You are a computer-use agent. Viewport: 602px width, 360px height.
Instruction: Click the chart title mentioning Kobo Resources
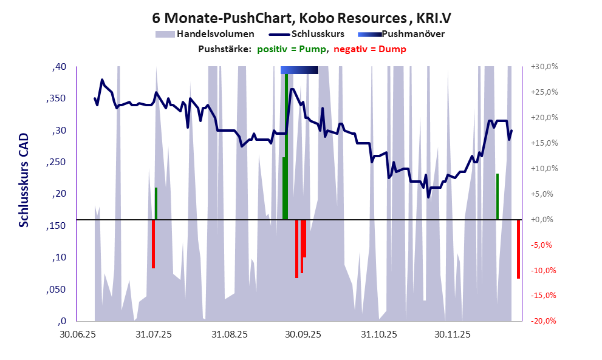[301, 17]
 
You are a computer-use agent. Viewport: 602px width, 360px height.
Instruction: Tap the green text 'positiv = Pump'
[292, 49]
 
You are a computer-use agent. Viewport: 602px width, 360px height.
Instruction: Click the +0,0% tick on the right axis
[542, 219]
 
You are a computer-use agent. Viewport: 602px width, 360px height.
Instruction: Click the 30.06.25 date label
[77, 335]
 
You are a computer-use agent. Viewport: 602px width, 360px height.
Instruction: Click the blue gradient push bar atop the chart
[299, 70]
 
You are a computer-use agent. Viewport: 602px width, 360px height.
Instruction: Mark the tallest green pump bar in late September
[286, 146]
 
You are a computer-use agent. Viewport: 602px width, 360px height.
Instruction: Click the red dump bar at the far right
[518, 249]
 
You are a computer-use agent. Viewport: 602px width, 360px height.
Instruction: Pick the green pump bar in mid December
[498, 196]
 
